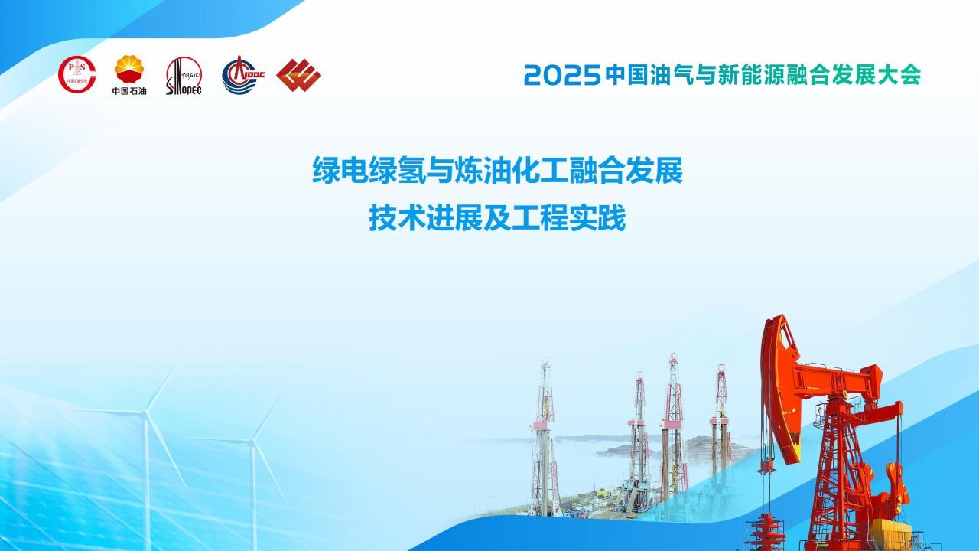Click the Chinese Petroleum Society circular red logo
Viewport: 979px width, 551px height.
[x=77, y=74]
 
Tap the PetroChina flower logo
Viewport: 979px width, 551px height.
[x=129, y=69]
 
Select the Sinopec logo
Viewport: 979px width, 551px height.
[x=184, y=76]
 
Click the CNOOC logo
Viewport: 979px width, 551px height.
[x=243, y=75]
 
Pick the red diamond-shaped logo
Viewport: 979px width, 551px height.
[x=299, y=75]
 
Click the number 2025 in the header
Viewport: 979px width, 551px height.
[x=562, y=75]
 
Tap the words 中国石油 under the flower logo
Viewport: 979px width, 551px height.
[x=129, y=90]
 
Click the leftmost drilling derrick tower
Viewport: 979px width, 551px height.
[x=545, y=437]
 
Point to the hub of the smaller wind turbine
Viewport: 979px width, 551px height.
[x=252, y=441]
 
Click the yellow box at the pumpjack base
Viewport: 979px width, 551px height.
[x=892, y=533]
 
